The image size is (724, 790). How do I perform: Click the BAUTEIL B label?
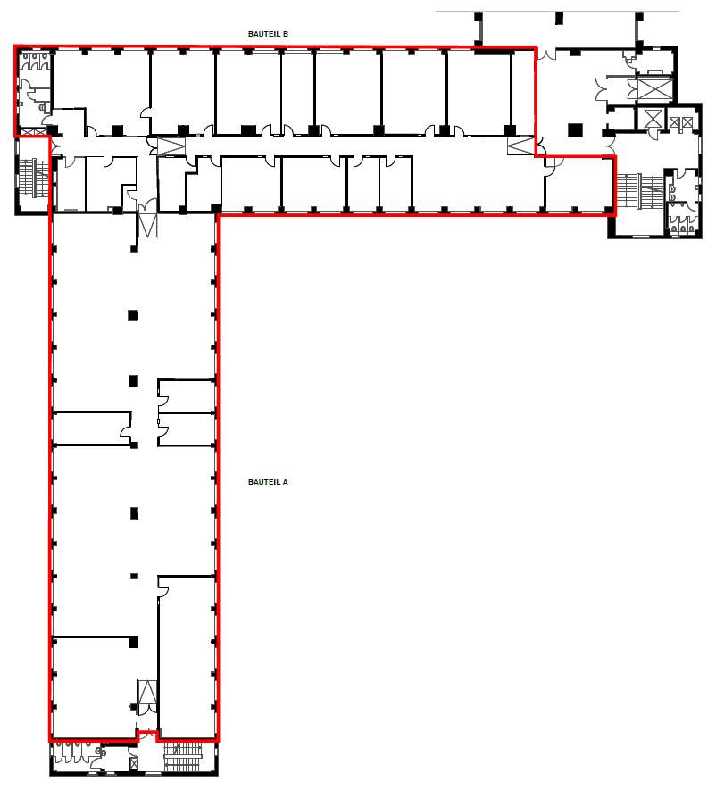coord(268,34)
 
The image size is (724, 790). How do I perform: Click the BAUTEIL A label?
coord(268,482)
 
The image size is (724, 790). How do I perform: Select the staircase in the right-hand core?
coord(640,190)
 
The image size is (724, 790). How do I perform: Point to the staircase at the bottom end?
coord(182,756)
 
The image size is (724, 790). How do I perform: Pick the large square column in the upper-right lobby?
coord(575,130)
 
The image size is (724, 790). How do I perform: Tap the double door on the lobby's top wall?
coord(546,54)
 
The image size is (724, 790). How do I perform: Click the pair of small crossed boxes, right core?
coord(680,122)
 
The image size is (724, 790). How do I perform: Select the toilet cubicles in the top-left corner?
coord(35,61)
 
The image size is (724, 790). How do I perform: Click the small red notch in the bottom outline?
coord(147,736)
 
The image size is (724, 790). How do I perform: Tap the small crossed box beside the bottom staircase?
coord(134,763)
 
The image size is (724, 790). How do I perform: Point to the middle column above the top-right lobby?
coord(558,18)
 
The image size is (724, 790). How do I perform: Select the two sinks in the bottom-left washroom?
coord(101,752)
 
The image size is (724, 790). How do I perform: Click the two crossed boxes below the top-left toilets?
coord(33,132)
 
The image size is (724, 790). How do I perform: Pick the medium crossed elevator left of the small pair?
coord(652,120)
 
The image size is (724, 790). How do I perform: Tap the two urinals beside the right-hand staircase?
coord(673,194)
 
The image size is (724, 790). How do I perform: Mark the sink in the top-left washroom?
coord(42,107)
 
